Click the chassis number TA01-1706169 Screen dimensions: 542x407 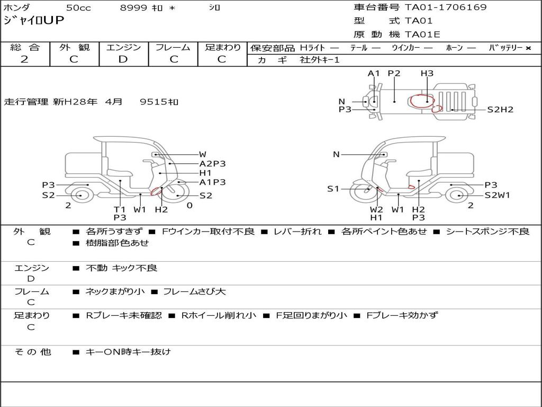446,7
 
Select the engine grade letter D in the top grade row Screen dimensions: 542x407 123,59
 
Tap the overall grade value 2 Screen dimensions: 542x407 24,59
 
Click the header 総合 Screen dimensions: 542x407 25,47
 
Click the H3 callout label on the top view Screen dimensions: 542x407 427,73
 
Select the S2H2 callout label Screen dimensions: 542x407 500,110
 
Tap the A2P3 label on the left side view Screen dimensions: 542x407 212,164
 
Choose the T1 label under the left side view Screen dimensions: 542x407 120,209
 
